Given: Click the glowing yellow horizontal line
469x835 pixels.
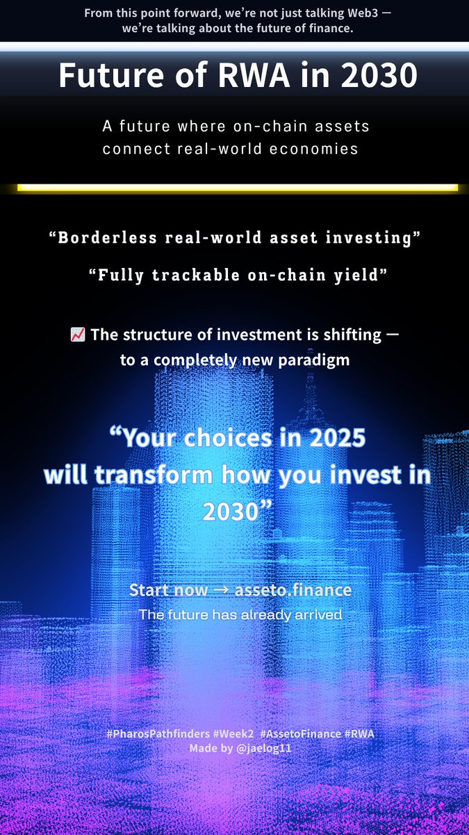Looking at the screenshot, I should (237, 187).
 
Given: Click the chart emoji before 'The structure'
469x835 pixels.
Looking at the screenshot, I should (78, 335).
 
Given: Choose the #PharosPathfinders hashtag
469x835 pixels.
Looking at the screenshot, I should (144, 735).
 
